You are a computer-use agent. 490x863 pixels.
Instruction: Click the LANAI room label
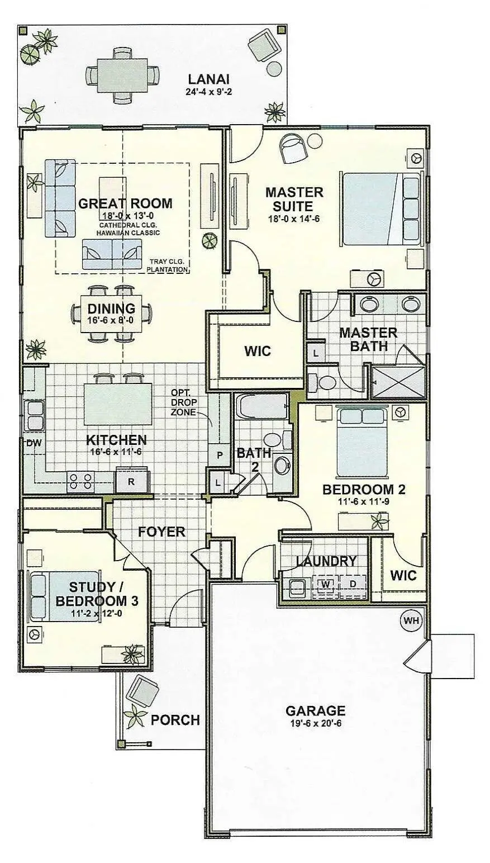[x=208, y=79]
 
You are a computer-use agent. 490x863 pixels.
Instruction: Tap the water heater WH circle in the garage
[x=412, y=620]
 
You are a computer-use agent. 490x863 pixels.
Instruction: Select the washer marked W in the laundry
[x=326, y=584]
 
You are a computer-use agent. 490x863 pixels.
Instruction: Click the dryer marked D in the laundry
[x=353, y=584]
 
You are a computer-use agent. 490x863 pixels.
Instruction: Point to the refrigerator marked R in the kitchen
[x=131, y=482]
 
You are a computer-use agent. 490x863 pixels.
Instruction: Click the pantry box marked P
[x=220, y=455]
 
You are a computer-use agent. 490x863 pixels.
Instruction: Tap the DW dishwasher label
[x=34, y=443]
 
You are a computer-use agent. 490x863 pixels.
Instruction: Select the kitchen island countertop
[x=117, y=404]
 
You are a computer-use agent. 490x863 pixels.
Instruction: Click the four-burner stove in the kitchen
[x=81, y=482]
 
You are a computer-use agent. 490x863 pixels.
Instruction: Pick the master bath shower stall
[x=398, y=382]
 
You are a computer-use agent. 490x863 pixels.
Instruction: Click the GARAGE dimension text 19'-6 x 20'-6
[x=315, y=723]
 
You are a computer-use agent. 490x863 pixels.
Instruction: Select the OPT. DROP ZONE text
[x=184, y=402]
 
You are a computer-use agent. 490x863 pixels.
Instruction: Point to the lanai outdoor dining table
[x=122, y=75]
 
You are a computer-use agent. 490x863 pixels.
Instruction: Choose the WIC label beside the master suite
[x=258, y=351]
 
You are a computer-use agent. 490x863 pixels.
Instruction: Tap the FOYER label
[x=161, y=532]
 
